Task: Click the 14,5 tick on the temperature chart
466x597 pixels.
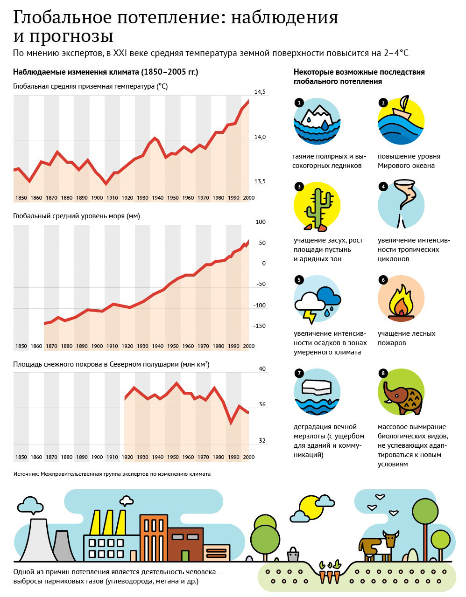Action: coord(260,92)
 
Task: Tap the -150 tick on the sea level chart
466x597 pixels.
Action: coord(259,326)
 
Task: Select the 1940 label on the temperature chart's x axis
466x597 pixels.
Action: coord(157,198)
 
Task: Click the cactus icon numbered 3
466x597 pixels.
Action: coord(318,209)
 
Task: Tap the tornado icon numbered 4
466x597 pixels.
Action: coord(403,203)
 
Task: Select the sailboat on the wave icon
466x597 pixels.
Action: coord(402,107)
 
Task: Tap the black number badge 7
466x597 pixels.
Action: coord(299,373)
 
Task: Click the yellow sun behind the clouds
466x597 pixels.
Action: coord(311,508)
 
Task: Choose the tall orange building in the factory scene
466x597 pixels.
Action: coord(154,538)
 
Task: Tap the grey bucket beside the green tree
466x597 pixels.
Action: coord(293,555)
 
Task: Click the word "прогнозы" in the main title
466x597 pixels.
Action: coord(71,36)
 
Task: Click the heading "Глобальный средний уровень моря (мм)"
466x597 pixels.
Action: coord(77,216)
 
